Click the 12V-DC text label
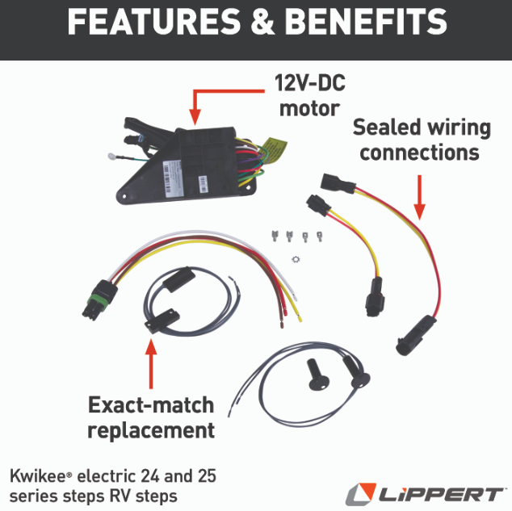[x=311, y=83]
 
